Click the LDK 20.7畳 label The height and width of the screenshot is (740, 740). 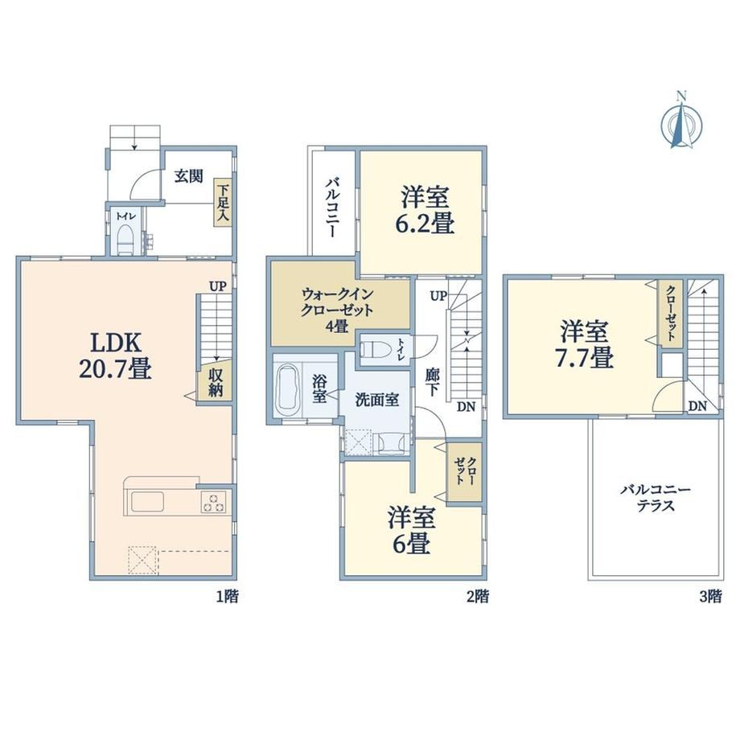115,356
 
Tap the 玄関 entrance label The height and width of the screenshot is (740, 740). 189,176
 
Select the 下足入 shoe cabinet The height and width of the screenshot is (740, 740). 222,203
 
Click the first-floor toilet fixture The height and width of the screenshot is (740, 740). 125,239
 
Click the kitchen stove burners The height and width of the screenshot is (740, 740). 213,502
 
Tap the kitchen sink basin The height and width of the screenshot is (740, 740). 147,502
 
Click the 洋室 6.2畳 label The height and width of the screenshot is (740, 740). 424,210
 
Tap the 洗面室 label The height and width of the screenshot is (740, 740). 376,400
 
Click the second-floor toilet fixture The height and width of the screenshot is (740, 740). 374,350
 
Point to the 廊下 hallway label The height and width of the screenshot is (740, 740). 432,383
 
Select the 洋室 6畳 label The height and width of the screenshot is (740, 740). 411,530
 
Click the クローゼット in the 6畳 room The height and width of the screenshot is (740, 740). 464,471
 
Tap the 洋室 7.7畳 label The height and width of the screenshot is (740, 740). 584,344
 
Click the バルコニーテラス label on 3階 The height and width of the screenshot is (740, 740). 656,498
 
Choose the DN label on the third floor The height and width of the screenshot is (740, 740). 697,405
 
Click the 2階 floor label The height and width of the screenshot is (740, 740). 477,597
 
